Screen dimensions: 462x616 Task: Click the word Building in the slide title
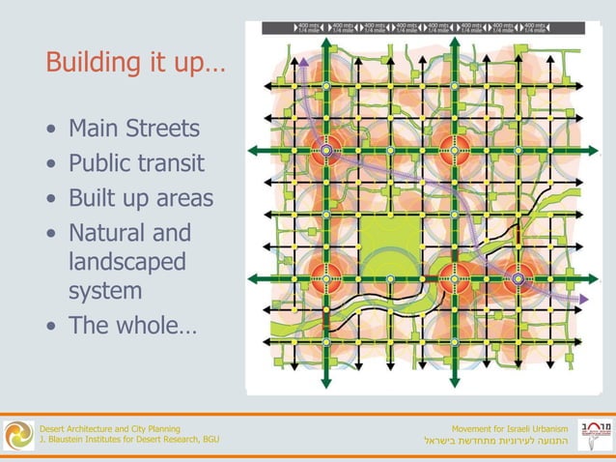click(x=92, y=64)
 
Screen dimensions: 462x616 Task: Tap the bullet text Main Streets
click(x=134, y=129)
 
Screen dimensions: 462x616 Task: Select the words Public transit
click(x=136, y=163)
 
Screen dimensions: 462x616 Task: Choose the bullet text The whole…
click(x=131, y=325)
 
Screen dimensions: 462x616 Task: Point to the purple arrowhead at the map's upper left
click(x=303, y=64)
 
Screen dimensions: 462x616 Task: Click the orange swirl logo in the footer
click(x=17, y=434)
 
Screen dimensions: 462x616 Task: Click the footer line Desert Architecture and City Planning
click(x=108, y=427)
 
